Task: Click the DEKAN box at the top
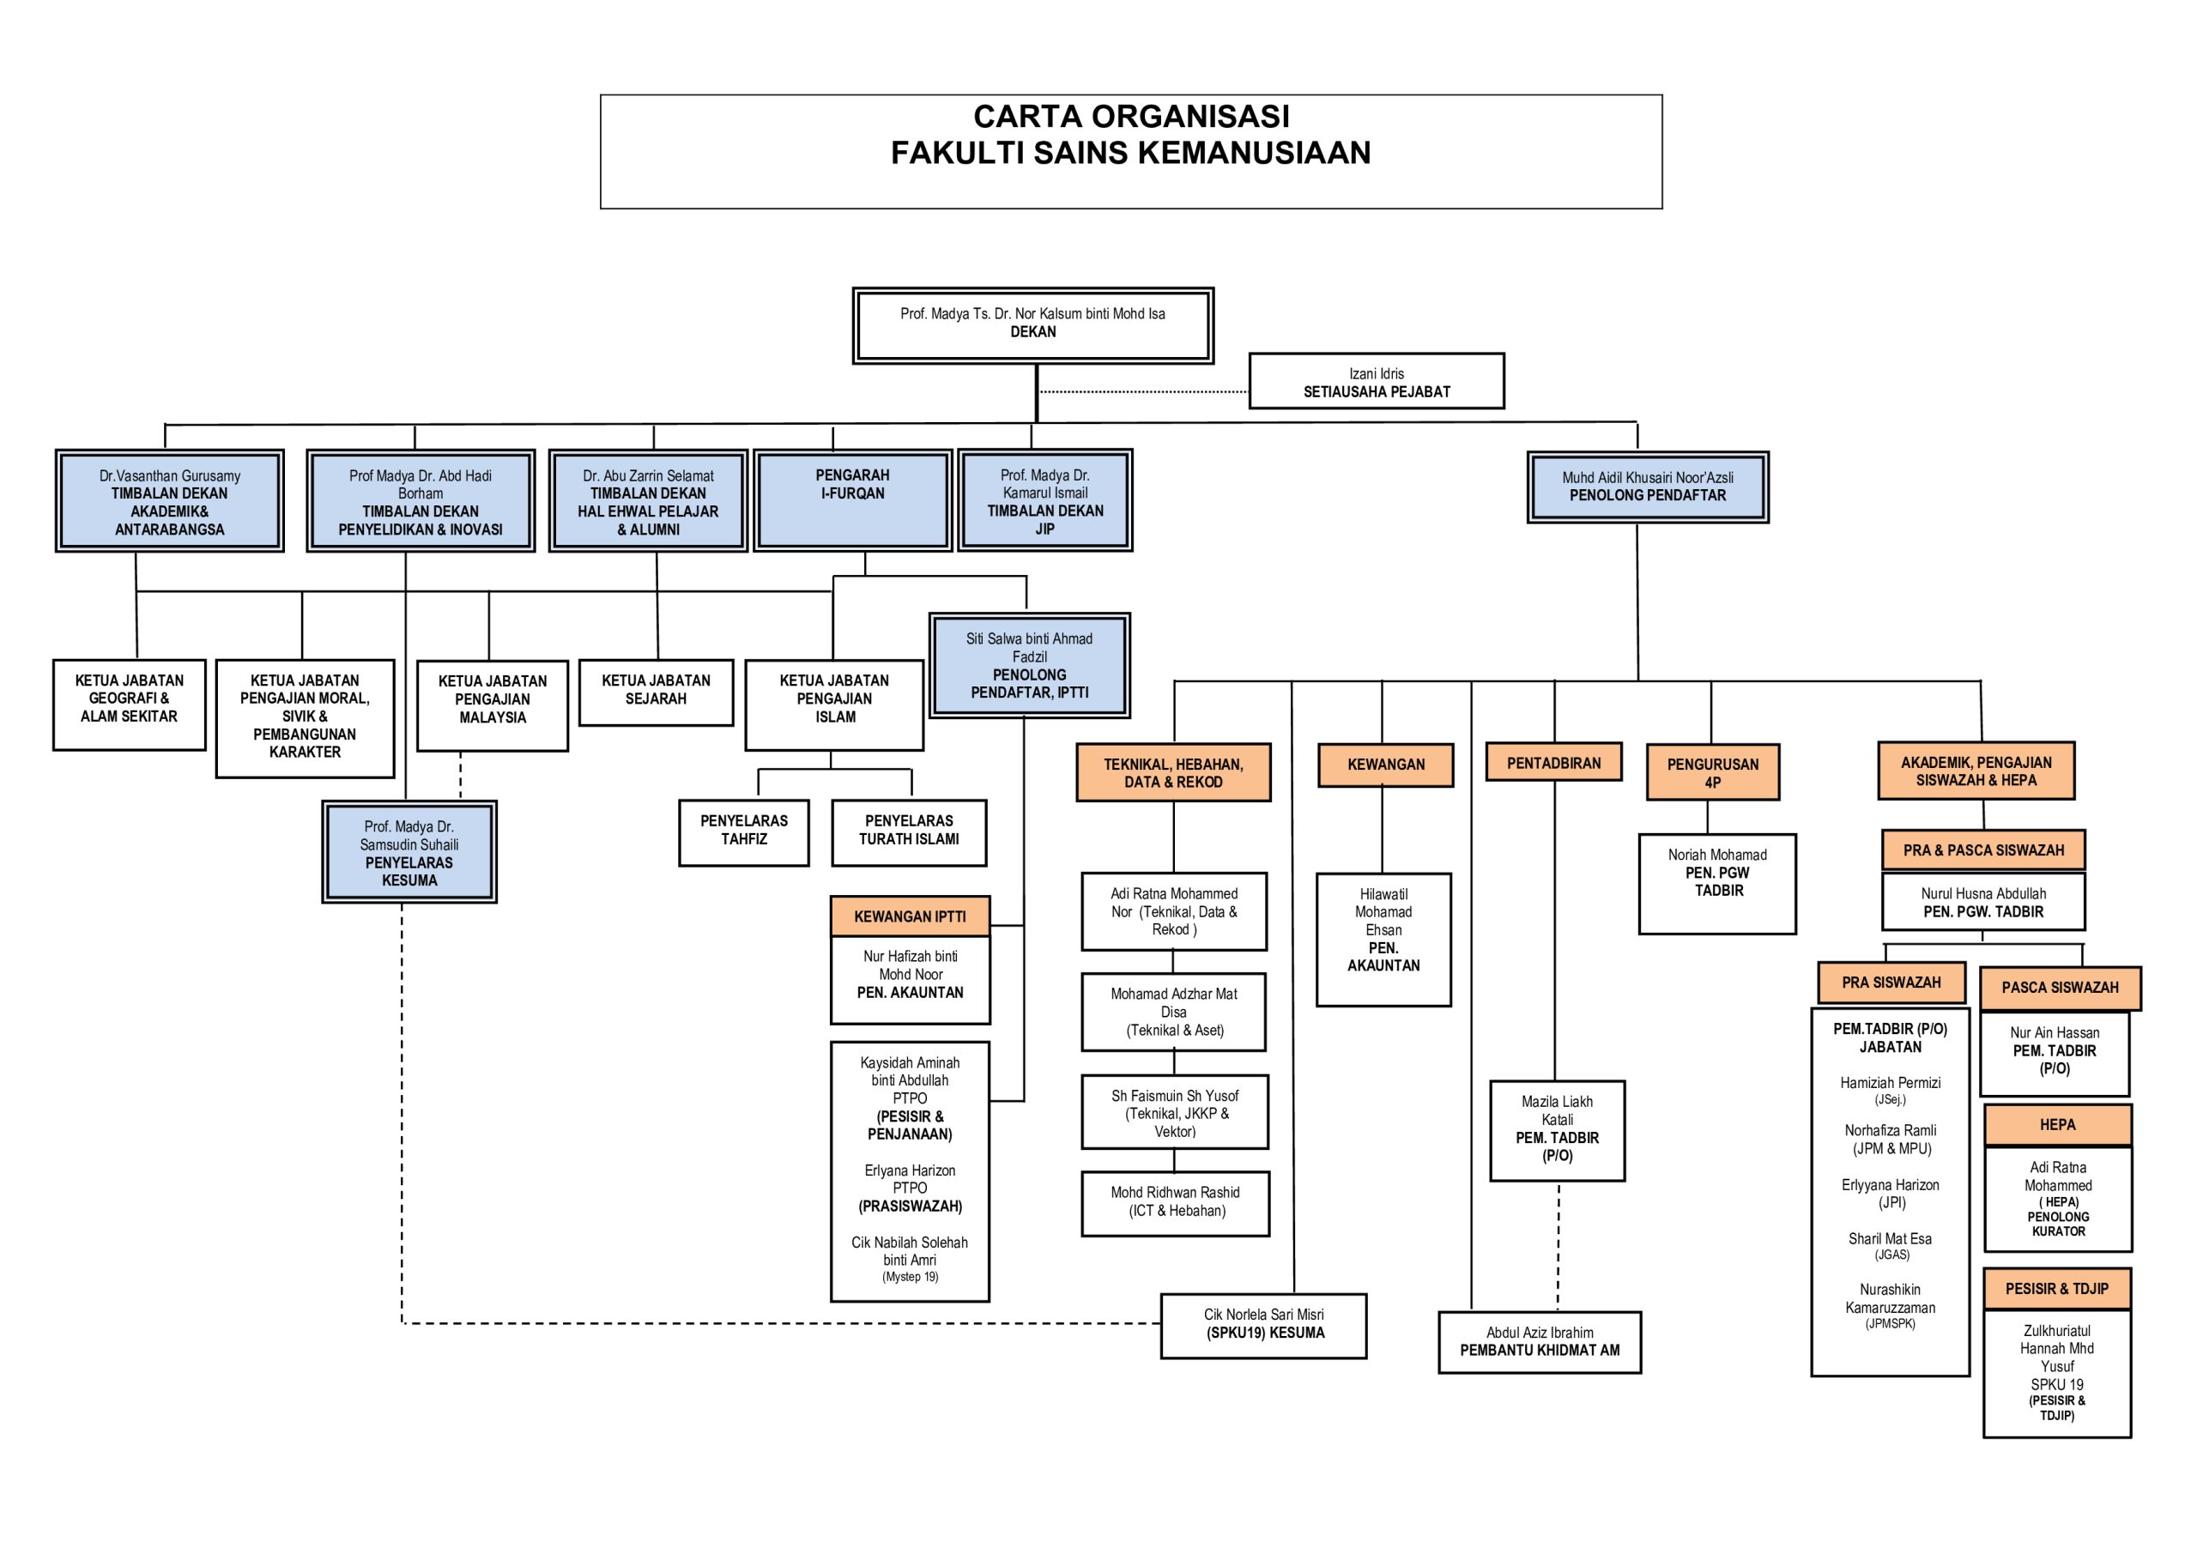1032,324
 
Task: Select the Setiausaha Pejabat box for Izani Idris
1376,382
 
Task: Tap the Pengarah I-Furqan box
851,499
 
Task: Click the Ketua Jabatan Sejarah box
656,692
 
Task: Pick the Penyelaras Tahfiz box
743,831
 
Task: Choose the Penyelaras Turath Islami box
908,831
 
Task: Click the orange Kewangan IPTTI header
909,916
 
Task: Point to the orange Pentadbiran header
1553,763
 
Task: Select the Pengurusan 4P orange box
1712,772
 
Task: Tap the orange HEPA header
2057,1124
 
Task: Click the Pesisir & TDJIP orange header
2056,1288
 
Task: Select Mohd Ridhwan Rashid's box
1174,1202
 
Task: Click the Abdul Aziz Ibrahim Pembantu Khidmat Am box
1539,1341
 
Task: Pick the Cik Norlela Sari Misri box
1263,1324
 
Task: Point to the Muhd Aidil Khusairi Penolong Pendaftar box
1647,487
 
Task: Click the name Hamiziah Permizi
1890,1082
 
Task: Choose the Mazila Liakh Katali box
1557,1129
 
